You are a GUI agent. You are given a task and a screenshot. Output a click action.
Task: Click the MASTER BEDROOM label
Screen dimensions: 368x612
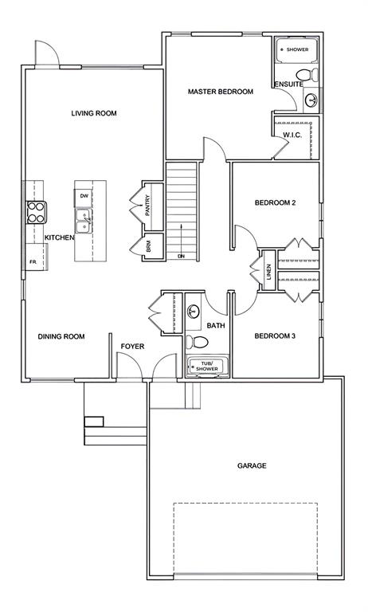pyautogui.click(x=221, y=92)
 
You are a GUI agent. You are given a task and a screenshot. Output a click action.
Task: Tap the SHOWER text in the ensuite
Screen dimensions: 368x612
pyautogui.click(x=297, y=49)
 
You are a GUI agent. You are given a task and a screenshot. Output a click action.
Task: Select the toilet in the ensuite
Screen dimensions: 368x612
pyautogui.click(x=307, y=74)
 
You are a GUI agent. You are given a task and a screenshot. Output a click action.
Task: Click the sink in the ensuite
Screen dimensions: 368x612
pyautogui.click(x=311, y=100)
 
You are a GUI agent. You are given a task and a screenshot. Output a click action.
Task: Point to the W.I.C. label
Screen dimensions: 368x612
pyautogui.click(x=292, y=135)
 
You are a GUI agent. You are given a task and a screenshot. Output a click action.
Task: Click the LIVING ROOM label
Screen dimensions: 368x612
pyautogui.click(x=94, y=113)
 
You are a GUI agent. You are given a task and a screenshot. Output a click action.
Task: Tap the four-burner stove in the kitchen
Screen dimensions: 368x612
pyautogui.click(x=36, y=212)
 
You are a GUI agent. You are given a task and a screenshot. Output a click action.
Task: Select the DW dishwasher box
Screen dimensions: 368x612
pyautogui.click(x=84, y=196)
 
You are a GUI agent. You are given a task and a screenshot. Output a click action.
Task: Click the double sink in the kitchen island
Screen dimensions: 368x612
pyautogui.click(x=84, y=221)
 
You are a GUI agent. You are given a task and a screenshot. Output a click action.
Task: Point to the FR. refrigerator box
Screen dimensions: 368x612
pyautogui.click(x=37, y=257)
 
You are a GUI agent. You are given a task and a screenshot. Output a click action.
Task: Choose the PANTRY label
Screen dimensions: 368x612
pyautogui.click(x=147, y=206)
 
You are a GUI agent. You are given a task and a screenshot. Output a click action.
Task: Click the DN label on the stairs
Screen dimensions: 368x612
pyautogui.click(x=181, y=256)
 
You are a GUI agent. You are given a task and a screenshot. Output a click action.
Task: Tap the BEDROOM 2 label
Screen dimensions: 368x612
pyautogui.click(x=275, y=202)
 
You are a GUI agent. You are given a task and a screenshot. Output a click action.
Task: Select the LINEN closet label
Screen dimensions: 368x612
pyautogui.click(x=268, y=272)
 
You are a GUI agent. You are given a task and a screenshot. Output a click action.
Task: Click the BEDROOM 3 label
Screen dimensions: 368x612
pyautogui.click(x=275, y=335)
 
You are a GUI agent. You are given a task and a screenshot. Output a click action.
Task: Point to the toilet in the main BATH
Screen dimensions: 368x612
pyautogui.click(x=197, y=342)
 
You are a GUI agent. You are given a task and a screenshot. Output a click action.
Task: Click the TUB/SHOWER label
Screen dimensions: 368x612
pyautogui.click(x=207, y=366)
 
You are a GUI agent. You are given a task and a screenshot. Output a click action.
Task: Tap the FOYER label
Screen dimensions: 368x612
pyautogui.click(x=132, y=346)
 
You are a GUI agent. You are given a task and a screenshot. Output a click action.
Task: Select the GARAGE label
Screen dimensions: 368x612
pyautogui.click(x=252, y=465)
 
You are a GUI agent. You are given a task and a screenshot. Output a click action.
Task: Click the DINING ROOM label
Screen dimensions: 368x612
pyautogui.click(x=61, y=336)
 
